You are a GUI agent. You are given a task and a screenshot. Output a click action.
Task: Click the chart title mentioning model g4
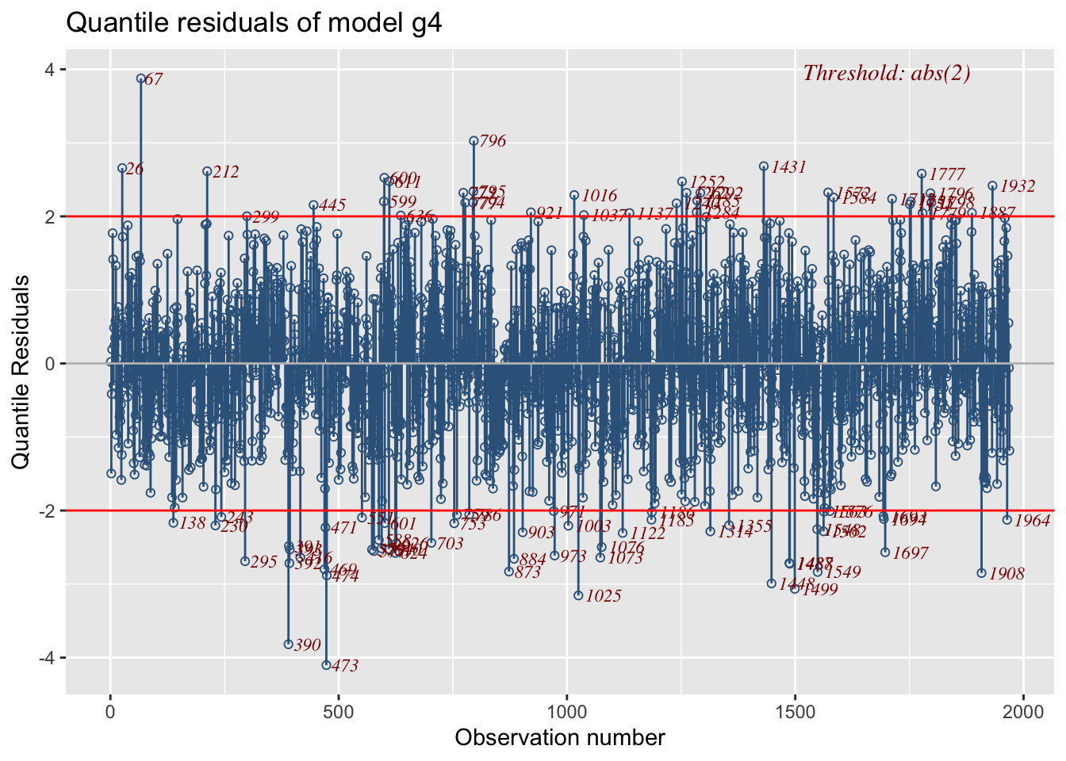click(x=254, y=23)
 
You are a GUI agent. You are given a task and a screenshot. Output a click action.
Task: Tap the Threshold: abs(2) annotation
click(x=887, y=74)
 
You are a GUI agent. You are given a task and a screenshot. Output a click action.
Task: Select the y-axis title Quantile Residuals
click(x=21, y=371)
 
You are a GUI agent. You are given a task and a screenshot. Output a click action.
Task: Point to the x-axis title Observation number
click(x=560, y=738)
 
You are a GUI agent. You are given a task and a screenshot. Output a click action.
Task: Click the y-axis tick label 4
click(x=49, y=69)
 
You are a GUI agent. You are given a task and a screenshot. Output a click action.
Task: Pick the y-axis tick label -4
click(x=46, y=658)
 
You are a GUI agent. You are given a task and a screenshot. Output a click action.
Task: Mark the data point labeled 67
click(x=141, y=78)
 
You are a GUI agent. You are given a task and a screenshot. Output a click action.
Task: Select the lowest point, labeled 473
click(x=326, y=665)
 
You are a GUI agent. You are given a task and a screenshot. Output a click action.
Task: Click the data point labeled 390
click(x=289, y=644)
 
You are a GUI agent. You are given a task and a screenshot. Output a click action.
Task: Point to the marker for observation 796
click(x=474, y=140)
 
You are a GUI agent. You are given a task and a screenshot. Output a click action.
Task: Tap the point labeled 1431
click(x=764, y=166)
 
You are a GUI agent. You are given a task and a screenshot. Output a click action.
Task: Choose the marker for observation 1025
click(x=578, y=595)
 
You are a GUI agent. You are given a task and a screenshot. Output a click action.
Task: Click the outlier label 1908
click(x=1007, y=574)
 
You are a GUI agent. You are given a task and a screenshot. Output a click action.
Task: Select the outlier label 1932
click(x=1018, y=186)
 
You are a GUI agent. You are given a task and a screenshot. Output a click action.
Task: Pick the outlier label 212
click(x=226, y=172)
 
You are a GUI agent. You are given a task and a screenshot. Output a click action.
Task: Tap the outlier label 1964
click(x=1033, y=521)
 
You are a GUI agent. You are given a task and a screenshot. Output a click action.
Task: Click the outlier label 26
click(x=135, y=169)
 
